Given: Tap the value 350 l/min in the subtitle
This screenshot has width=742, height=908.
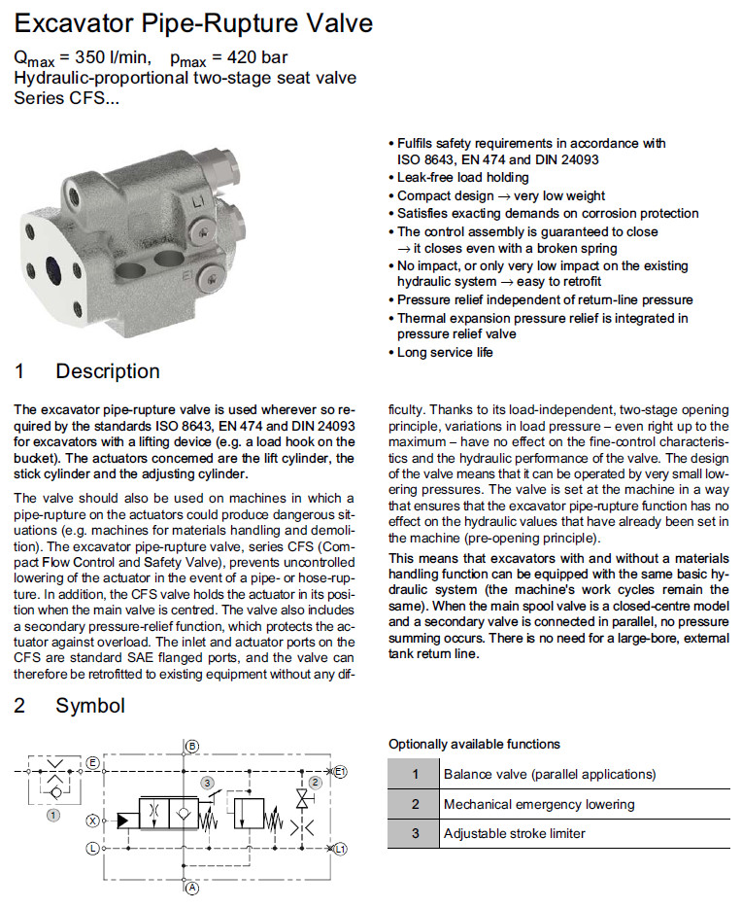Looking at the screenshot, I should [109, 58].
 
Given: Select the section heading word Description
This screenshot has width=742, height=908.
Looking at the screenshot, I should [107, 371].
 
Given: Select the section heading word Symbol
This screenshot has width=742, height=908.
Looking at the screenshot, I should [90, 705].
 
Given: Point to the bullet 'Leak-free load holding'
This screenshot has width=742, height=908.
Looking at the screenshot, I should [463, 178].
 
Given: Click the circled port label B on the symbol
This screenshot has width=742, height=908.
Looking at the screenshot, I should [192, 746].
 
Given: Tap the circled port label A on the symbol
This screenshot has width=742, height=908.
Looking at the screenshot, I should [192, 888].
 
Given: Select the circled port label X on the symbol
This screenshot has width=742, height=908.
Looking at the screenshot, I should [93, 821].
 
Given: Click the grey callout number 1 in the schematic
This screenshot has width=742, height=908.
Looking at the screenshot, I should [53, 815].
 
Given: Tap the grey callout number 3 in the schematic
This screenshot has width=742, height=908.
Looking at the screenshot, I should [207, 783].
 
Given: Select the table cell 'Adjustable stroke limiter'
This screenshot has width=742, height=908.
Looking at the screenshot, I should [515, 833].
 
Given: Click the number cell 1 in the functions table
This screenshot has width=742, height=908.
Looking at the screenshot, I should [415, 775].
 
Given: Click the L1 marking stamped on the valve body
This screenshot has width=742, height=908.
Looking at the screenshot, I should [198, 203].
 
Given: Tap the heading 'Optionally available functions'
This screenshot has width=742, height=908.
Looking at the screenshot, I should [474, 744].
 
